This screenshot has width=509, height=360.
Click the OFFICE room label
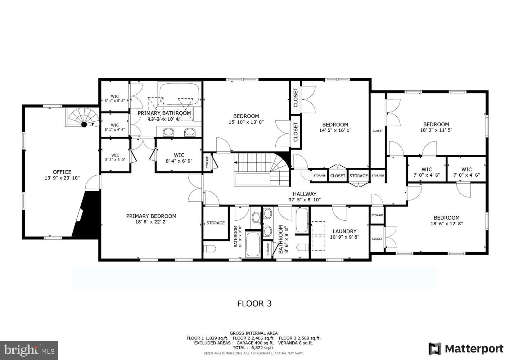pos(62,172)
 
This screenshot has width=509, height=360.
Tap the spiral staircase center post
pos(84,125)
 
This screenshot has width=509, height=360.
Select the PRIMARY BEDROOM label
pos(151,216)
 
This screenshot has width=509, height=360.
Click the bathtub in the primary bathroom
pos(180,94)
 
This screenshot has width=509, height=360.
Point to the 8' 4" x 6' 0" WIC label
pos(179,161)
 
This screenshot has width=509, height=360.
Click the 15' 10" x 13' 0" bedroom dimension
pos(246,122)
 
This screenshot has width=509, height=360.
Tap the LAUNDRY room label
pos(344,231)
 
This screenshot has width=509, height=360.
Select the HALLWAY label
pos(304,194)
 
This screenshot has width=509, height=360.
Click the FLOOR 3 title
pos(254,303)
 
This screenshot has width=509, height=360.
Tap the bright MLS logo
pos(29,350)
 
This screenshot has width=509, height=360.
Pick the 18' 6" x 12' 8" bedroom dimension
pos(446,224)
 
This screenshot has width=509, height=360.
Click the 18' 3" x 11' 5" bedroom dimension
pos(436,130)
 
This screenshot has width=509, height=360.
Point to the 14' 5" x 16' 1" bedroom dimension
pos(335,130)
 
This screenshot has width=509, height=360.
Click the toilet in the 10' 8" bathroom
pos(209,249)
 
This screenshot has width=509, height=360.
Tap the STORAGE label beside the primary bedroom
pos(215,223)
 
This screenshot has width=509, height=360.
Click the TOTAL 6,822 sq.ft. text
pos(253,348)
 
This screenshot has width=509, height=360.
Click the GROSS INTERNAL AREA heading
pos(253,333)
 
